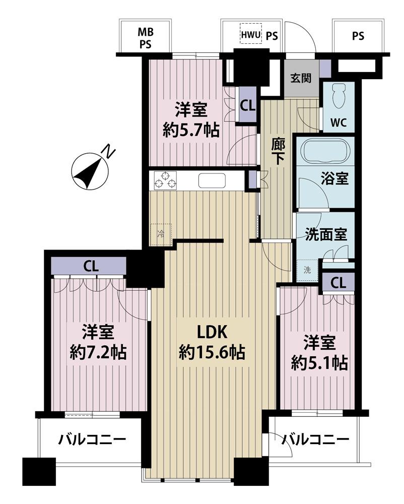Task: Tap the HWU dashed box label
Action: point(250,35)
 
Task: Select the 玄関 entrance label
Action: point(301,78)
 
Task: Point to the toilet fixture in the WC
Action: point(339,96)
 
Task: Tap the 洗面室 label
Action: point(326,235)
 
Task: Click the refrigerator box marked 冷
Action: point(161,234)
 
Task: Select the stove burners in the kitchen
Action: point(166,180)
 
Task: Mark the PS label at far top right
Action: point(358,36)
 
